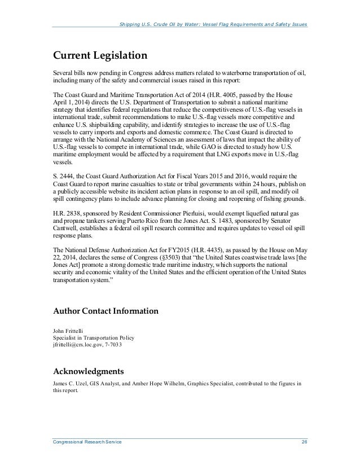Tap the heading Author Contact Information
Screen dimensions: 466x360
click(x=105, y=311)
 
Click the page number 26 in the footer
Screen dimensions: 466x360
click(x=304, y=445)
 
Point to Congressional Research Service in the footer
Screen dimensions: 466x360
click(x=87, y=445)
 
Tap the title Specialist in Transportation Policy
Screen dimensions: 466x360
click(x=90, y=337)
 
